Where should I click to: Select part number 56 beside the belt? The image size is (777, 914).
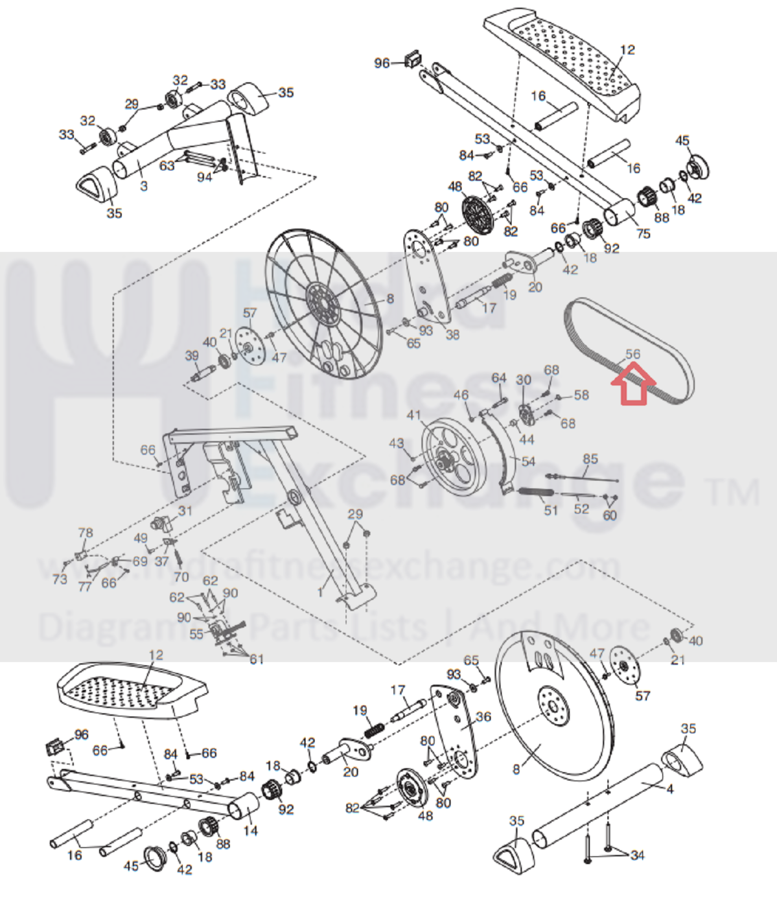click(632, 354)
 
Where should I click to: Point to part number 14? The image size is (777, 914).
click(250, 830)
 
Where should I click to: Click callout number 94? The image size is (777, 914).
click(204, 176)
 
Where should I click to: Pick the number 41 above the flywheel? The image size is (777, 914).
click(413, 415)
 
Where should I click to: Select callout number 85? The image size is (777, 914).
click(590, 459)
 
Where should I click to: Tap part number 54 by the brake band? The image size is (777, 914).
click(528, 461)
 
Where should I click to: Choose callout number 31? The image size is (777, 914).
click(185, 510)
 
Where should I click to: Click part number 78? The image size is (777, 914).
click(86, 533)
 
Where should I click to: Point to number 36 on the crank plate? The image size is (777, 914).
click(483, 716)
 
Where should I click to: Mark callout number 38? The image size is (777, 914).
click(452, 334)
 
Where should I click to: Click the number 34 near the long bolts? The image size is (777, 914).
click(637, 855)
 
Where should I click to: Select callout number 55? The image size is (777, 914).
click(196, 633)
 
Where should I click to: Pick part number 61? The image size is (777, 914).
click(257, 659)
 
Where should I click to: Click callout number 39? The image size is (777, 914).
click(192, 355)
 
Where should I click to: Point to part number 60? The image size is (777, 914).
click(609, 515)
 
